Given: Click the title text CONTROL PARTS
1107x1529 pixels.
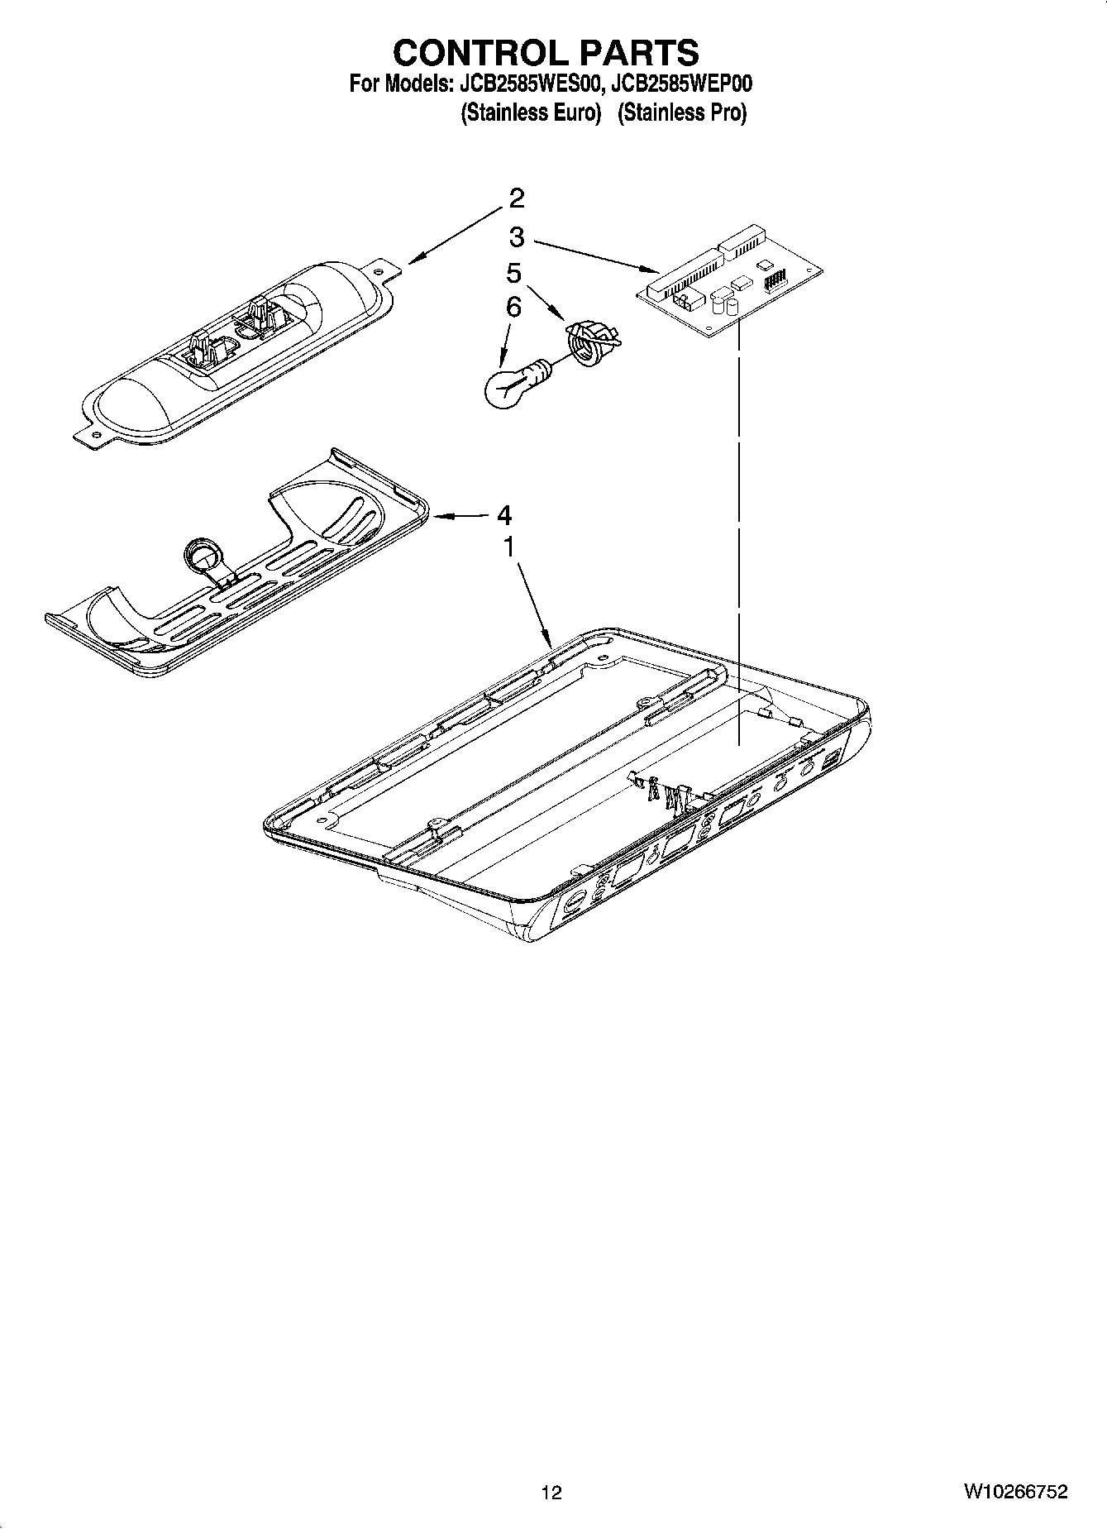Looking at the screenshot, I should [x=546, y=52].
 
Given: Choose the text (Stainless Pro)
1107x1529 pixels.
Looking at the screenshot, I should [x=682, y=112].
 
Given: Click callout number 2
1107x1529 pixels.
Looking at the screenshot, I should [x=516, y=198].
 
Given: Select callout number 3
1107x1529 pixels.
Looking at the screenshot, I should [x=516, y=237].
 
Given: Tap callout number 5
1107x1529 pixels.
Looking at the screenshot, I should [x=514, y=272].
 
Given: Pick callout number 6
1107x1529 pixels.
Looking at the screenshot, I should [x=513, y=307].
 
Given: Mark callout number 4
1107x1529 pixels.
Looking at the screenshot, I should [x=503, y=516].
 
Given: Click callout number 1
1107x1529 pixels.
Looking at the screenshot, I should [x=510, y=547].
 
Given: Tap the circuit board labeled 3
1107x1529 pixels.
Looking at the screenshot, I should [x=732, y=281].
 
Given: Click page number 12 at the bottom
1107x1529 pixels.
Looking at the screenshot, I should [x=551, y=1493].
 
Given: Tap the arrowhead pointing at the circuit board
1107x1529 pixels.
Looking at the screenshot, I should [x=651, y=269].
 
